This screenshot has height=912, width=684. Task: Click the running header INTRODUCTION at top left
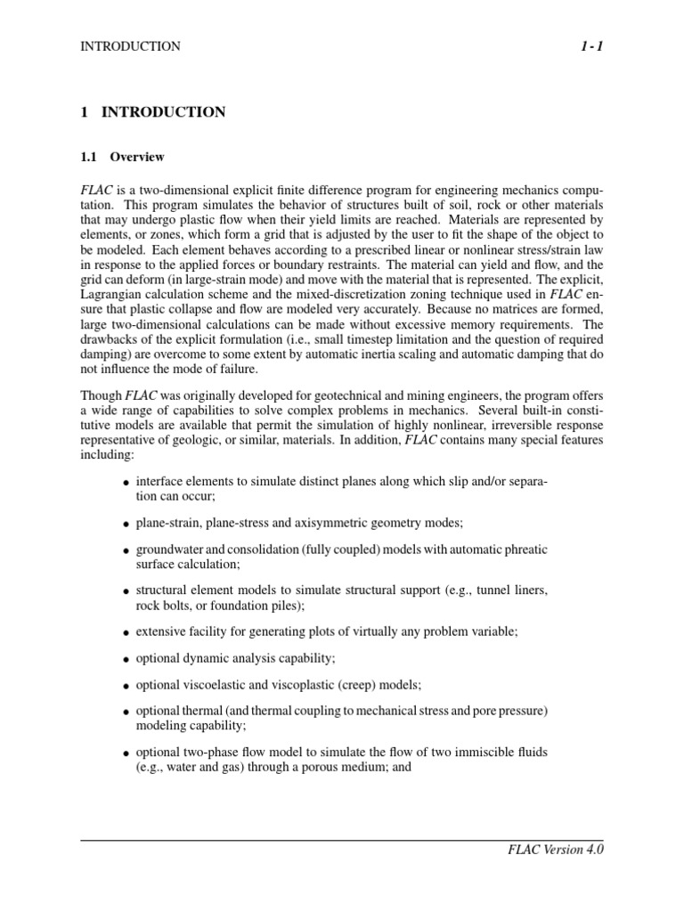pos(130,46)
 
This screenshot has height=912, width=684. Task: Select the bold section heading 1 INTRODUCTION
pos(153,112)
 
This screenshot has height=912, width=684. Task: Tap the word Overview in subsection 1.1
pos(137,158)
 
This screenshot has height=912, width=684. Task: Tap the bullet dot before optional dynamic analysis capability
pos(125,660)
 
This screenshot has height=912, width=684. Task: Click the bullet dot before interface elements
pos(125,483)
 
